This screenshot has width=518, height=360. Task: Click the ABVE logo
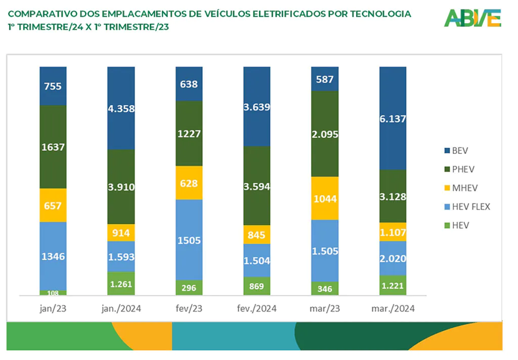tap(472, 18)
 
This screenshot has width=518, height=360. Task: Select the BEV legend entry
tap(456, 151)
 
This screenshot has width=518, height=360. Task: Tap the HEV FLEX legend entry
tap(467, 207)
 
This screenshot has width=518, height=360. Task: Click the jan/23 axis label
tap(53, 308)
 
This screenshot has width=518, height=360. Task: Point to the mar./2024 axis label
tap(393, 308)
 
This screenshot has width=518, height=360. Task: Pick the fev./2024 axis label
tap(256, 308)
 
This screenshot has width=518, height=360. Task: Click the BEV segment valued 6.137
tap(393, 118)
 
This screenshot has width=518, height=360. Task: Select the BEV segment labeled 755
tap(53, 86)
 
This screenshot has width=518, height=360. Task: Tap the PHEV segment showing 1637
tap(53, 147)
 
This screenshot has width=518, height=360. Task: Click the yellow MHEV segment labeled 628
tap(189, 183)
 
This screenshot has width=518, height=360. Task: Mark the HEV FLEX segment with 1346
tap(53, 256)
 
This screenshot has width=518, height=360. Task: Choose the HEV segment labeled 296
tap(189, 288)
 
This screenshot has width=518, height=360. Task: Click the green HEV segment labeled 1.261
tap(121, 284)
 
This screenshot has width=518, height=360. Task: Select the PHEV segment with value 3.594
tap(256, 186)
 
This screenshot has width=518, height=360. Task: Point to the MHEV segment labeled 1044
tap(325, 198)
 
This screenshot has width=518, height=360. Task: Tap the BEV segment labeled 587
tap(325, 79)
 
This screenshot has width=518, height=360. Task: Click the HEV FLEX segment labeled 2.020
tap(393, 259)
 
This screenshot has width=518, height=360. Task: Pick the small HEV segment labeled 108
tap(53, 293)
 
